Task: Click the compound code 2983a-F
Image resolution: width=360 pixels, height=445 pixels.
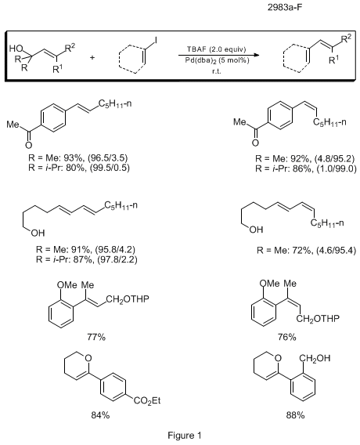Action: [285, 7]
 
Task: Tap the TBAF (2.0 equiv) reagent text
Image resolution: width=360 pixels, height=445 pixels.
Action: [217, 49]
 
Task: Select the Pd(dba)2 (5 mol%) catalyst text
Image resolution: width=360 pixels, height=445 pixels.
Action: [217, 60]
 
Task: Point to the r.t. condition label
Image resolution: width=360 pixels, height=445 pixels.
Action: [217, 71]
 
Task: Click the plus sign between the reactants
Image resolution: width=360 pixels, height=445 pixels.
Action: [92, 58]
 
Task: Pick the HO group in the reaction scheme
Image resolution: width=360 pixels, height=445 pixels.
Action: [16, 49]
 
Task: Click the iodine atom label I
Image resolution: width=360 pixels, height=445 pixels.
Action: [156, 40]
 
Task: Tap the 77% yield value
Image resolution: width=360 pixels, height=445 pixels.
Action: [96, 337]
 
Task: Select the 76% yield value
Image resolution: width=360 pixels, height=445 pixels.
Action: [287, 337]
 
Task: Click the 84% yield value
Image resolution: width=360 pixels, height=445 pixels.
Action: [100, 415]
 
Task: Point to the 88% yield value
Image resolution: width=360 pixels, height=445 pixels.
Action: [295, 415]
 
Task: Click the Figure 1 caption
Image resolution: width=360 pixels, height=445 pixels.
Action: [185, 436]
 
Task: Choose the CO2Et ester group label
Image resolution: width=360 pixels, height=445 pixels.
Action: [147, 400]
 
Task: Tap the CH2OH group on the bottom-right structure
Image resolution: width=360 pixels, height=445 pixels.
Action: [315, 359]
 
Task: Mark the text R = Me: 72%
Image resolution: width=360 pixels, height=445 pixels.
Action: [284, 251]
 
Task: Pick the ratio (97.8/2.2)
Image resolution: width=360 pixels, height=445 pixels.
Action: [117, 259]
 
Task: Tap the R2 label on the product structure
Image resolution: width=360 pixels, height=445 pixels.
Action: [346, 38]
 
